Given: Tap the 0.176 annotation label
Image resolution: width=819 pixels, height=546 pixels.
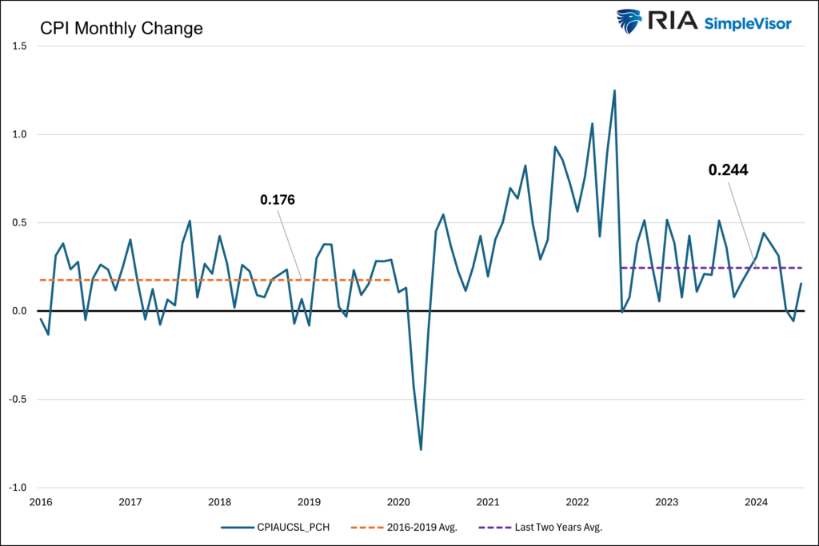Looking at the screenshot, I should pos(278,200).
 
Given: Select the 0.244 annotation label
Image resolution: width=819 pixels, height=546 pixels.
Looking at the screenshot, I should pos(728,169).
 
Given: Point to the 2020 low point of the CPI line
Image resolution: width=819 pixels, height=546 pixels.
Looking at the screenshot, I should pos(421,449).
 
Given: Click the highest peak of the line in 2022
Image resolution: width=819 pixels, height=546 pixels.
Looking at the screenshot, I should pos(614,91).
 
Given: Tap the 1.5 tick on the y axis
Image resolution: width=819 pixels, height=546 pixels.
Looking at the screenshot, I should pos(19,46).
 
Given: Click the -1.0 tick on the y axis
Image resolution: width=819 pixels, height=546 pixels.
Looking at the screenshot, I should pos(18,488).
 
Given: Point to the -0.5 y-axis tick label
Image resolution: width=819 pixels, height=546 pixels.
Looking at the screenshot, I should pos(18,400).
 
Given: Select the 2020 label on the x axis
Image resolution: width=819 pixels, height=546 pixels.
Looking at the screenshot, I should pos(398,502).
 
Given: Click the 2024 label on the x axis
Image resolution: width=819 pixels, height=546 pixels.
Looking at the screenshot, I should pos(756,502).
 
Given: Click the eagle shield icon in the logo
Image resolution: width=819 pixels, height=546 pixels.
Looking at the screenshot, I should pos(629,22).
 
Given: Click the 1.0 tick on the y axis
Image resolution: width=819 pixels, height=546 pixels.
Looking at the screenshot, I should pos(19,134).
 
